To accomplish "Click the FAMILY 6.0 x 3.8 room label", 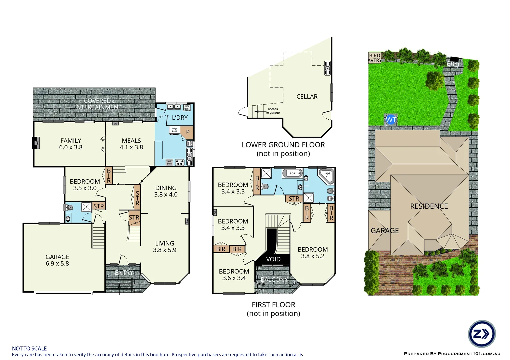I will click(71, 144).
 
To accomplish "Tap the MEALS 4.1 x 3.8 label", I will click(131, 144).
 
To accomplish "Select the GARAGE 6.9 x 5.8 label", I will click(57, 260).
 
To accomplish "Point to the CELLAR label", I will click(307, 97).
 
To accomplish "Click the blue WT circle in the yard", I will click(391, 120).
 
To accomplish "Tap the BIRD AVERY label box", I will click(375, 58).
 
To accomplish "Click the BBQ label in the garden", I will click(453, 64).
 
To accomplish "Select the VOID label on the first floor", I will click(273, 259).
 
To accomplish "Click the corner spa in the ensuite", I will click(326, 176).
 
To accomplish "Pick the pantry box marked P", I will click(187, 132).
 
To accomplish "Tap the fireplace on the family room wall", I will click(36, 143).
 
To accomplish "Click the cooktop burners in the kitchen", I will click(180, 163).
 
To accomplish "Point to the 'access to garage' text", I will click(273, 111).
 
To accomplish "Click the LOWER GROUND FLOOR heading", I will click(283, 145).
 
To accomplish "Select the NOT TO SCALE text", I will click(29, 348).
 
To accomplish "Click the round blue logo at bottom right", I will click(482, 334).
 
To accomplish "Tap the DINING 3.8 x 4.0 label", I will click(166, 191).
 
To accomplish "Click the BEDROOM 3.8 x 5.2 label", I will click(313, 253).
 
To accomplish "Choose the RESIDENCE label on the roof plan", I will click(429, 206).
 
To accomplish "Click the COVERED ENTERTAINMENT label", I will click(97, 104).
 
